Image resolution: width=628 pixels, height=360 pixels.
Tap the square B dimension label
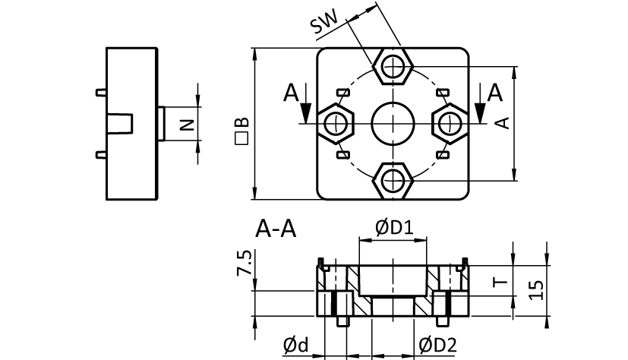[x=241, y=131]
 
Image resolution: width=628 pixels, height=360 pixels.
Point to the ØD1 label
[x=393, y=227]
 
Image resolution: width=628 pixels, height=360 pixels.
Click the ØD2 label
[x=437, y=346]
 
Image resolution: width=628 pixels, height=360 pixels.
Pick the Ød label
[x=296, y=346]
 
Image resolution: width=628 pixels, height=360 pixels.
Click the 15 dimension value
[x=536, y=289]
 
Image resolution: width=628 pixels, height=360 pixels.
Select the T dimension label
[x=499, y=282]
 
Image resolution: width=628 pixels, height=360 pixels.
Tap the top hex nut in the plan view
[x=392, y=68]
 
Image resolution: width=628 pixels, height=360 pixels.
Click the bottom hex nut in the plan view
[x=392, y=181]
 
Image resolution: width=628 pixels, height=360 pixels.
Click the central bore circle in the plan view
[x=392, y=124]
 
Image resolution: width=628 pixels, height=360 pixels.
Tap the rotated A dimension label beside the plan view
[x=502, y=122]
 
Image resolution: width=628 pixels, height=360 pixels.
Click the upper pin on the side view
[x=101, y=93]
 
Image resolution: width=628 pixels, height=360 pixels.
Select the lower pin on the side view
[x=101, y=155]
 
